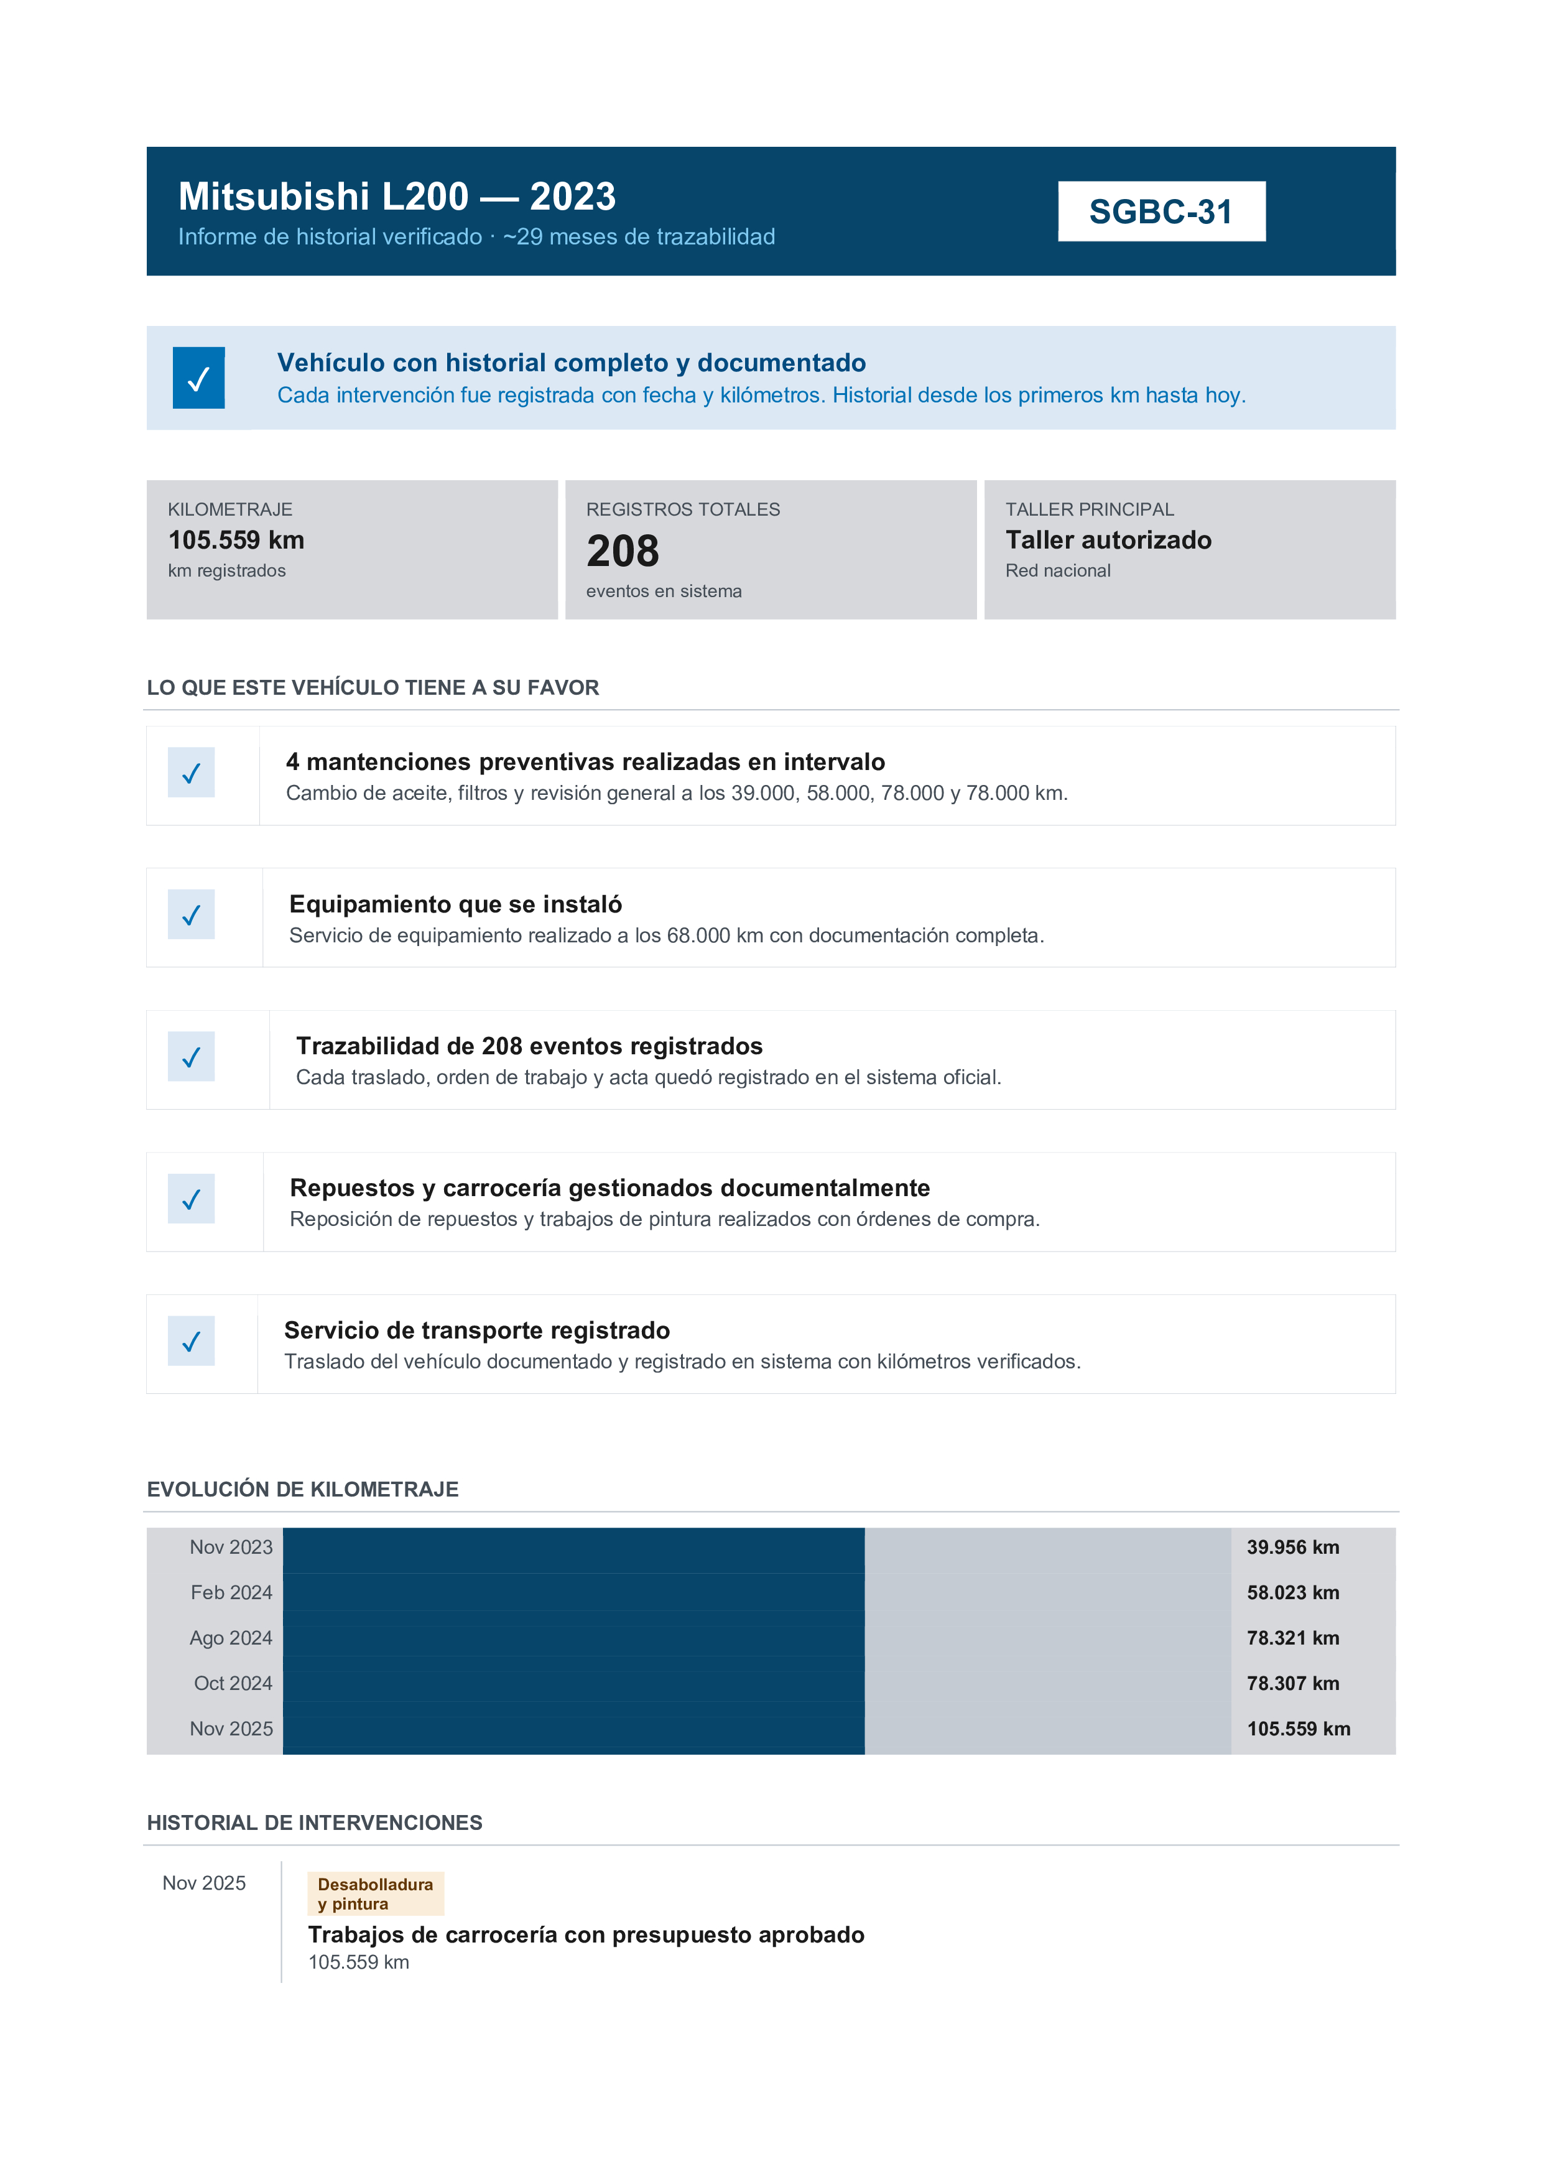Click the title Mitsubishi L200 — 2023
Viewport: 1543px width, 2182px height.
coord(397,197)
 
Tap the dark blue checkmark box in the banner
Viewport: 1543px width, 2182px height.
coord(198,378)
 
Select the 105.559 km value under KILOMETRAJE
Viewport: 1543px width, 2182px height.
coord(236,540)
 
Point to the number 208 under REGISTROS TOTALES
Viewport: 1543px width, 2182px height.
coord(623,551)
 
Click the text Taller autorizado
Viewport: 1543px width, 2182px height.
coord(1108,540)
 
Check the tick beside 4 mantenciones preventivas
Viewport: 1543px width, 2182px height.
coord(191,773)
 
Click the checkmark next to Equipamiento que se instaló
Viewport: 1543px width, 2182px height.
coord(191,914)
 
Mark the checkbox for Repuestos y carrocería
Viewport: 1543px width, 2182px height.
coord(191,1199)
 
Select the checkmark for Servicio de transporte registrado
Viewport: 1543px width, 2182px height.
coord(191,1341)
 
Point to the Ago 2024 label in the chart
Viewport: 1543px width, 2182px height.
coord(231,1638)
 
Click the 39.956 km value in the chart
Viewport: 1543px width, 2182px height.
coord(1292,1547)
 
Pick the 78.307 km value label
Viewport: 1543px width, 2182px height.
coord(1292,1683)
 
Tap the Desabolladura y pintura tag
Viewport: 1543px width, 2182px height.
coord(375,1894)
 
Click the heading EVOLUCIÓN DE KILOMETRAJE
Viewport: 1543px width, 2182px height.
coord(302,1489)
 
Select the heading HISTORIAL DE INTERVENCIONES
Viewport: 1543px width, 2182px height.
coord(315,1822)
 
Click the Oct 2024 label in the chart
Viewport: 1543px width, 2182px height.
coord(233,1683)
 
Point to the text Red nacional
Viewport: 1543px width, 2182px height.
coord(1057,570)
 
